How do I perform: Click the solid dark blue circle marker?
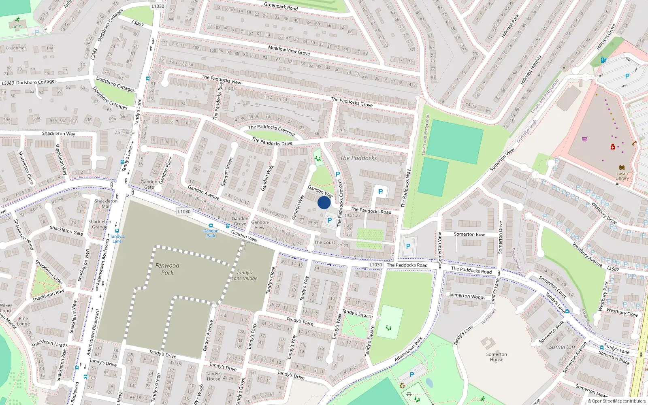[x=324, y=202]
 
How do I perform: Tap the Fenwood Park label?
[x=167, y=269]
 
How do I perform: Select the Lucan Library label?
[x=622, y=176]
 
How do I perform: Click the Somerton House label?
[x=497, y=357]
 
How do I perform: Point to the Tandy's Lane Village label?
[x=244, y=275]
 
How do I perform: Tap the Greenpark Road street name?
[x=281, y=6]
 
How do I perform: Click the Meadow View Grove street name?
[x=289, y=50]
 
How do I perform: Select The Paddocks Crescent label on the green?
[x=272, y=130]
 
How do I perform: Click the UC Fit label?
[x=17, y=27]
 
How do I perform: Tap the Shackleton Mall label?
[x=106, y=203]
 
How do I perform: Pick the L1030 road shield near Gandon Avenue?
[x=184, y=211]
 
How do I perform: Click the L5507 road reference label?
[x=613, y=269]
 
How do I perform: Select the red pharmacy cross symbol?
[x=613, y=147]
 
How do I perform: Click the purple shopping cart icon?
[x=584, y=139]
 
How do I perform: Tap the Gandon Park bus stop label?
[x=211, y=233]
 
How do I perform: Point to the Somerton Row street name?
[x=469, y=234]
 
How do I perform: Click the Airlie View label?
[x=125, y=133]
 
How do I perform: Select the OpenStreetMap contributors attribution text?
[x=616, y=401]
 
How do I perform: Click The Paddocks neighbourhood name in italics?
[x=358, y=158]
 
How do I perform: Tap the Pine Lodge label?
[x=23, y=321]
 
